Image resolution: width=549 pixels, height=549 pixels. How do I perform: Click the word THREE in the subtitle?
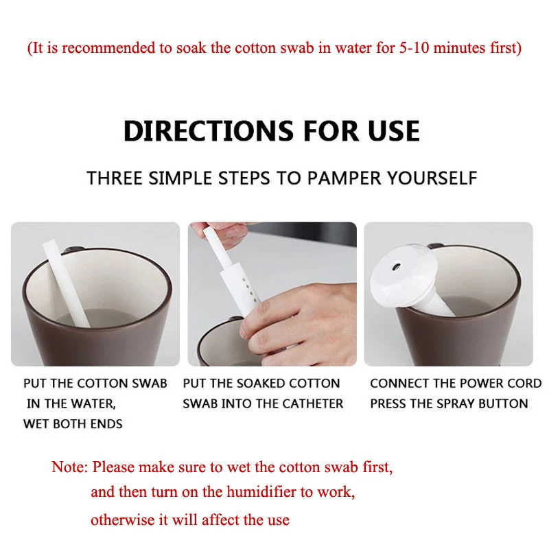[x=115, y=178]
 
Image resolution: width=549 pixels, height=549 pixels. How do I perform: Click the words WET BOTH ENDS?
[x=73, y=424]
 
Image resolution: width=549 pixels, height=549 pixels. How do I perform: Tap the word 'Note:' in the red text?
[x=69, y=468]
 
